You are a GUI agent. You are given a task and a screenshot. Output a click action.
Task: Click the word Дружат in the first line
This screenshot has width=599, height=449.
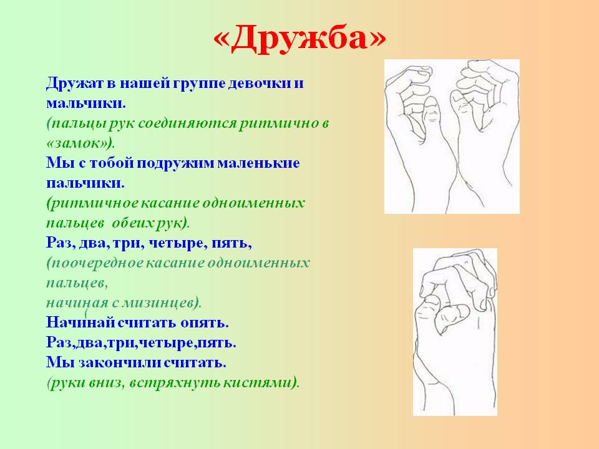(x=74, y=83)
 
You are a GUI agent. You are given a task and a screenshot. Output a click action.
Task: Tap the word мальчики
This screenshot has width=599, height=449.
(x=86, y=103)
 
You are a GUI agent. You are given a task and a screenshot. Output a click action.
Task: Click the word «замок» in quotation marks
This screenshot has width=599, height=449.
(x=79, y=143)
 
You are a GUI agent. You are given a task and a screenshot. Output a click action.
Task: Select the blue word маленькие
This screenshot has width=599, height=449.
(x=258, y=163)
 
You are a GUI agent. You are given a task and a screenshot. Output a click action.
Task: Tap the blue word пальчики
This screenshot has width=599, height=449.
(x=85, y=183)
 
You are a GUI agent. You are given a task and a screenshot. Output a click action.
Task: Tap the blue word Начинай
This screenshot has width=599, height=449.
(x=80, y=322)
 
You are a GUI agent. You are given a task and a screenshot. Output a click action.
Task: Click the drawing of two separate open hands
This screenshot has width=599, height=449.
(x=452, y=137)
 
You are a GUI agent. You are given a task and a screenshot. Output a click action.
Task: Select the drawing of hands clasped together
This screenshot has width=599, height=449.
(x=455, y=332)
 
